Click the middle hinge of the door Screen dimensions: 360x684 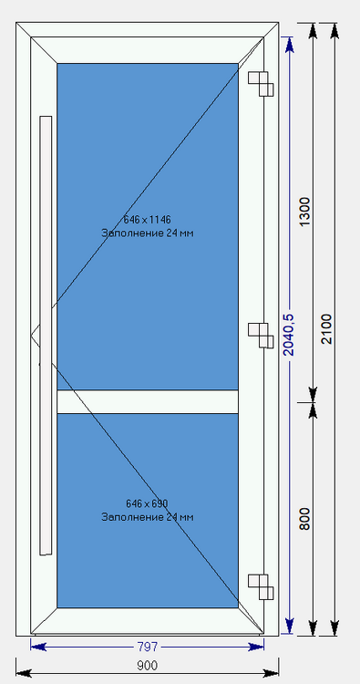point(262,335)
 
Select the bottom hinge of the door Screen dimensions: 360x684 point(262,586)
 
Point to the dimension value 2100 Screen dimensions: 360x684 point(327,329)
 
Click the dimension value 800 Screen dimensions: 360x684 point(305,518)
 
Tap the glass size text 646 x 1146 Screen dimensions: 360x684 point(147,220)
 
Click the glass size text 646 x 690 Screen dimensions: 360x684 point(147,503)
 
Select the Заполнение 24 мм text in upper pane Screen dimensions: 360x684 point(147,233)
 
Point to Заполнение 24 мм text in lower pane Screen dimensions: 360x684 point(147,517)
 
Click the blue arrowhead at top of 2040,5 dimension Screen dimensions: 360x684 point(291,43)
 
